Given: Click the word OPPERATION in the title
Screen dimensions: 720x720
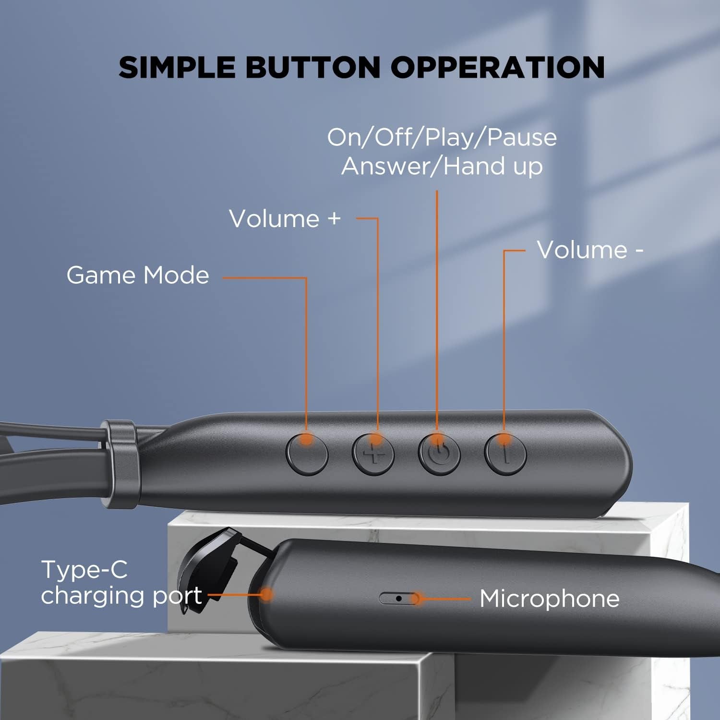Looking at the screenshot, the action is tap(497, 67).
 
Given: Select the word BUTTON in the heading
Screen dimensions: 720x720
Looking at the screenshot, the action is tap(312, 67).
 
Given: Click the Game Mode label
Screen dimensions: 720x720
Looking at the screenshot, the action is tap(138, 276).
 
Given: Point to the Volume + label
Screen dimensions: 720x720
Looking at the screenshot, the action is tap(285, 219).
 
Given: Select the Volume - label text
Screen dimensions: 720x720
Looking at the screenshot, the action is tap(590, 250).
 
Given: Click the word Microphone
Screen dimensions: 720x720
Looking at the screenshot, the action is tap(550, 599).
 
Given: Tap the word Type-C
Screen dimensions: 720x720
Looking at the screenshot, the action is tap(84, 570).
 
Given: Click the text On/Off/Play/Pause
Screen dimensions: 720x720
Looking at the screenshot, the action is tap(442, 138).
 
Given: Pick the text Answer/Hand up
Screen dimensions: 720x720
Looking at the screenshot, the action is tap(442, 167).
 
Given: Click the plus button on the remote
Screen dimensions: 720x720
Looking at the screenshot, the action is tap(373, 454).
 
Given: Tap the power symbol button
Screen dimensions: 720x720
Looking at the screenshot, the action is tap(439, 454).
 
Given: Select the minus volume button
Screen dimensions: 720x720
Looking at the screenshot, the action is tap(505, 454).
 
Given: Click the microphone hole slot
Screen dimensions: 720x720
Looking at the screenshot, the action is tap(398, 599).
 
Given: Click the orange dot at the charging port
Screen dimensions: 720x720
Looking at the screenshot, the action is tap(266, 595).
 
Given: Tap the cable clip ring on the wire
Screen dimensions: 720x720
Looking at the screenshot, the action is tap(118, 463).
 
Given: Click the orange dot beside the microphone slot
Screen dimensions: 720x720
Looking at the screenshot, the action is tap(417, 599).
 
